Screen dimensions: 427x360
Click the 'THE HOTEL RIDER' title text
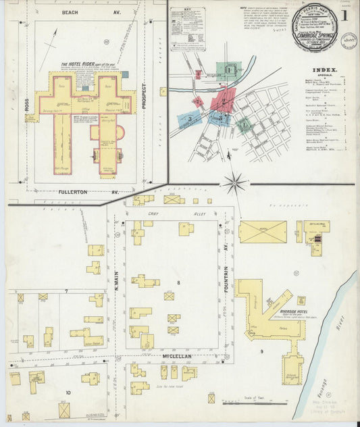(79, 64)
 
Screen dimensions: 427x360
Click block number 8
(178, 282)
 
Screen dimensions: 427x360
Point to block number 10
(68, 392)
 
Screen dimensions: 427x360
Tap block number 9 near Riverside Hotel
(261, 351)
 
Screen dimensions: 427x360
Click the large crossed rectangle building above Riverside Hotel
(262, 232)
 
